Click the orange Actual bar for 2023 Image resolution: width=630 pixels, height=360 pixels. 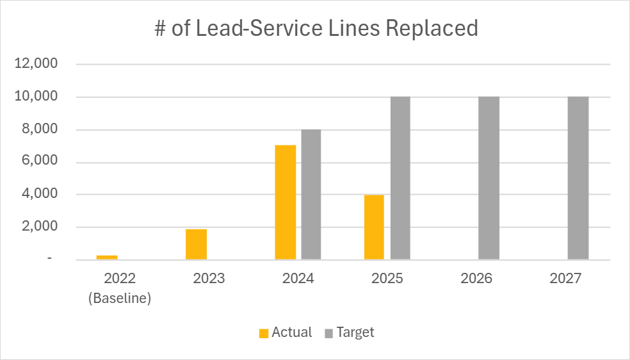pos(196,244)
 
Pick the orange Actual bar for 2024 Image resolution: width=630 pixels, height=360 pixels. pos(286,202)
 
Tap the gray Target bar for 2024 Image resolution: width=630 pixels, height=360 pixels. pos(311,194)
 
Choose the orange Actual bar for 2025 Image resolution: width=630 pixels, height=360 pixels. pos(374,227)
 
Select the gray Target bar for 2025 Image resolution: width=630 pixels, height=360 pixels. pos(400,178)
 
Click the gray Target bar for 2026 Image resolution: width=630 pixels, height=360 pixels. pos(489,178)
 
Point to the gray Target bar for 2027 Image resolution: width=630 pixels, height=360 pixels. pos(578,178)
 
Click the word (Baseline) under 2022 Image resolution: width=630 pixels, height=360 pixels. pos(120,299)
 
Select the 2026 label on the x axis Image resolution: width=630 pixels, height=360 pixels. pos(476,279)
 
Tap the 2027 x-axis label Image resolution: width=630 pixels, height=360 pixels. pos(565,279)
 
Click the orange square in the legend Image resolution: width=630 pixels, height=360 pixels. pos(263,333)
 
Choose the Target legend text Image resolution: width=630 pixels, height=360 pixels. pos(355,332)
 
